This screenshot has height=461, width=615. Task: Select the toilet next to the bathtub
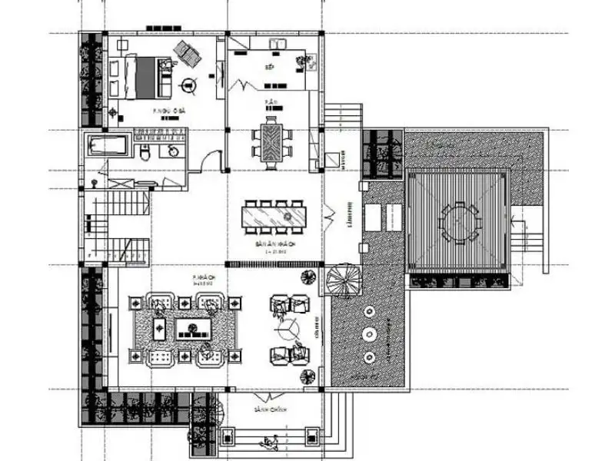(x=144, y=153)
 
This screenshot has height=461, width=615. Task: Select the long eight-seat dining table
(x=273, y=215)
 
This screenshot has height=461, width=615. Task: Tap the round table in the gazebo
(x=459, y=221)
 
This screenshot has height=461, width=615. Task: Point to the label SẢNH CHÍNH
(x=269, y=411)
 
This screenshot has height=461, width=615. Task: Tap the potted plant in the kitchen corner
(x=311, y=58)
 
